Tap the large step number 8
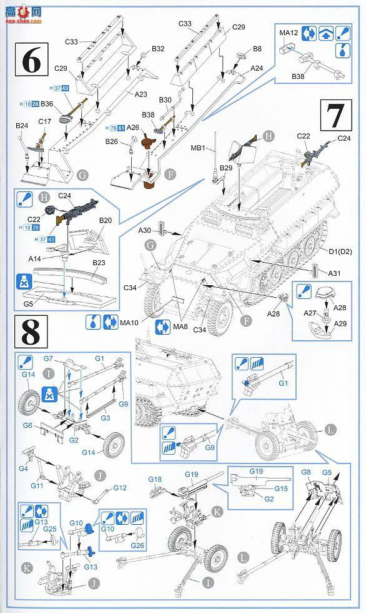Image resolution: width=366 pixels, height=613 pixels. (31, 335)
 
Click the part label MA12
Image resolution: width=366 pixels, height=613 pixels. (288, 33)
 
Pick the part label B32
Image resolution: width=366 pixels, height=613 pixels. (157, 48)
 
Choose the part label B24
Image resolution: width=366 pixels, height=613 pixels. (22, 126)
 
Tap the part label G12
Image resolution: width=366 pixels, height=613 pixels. (119, 487)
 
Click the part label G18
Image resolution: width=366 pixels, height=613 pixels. (155, 479)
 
